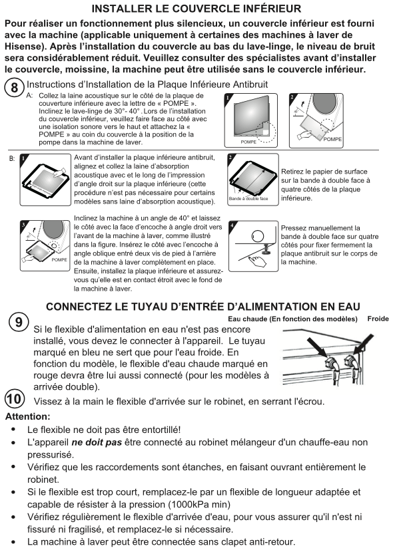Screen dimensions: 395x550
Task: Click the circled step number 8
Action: pos(14,87)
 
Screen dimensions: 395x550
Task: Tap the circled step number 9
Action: pos(19,322)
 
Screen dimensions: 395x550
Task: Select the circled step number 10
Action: pos(15,399)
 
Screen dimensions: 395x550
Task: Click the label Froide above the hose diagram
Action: pos(378,319)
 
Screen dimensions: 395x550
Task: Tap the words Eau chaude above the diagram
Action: pos(247,319)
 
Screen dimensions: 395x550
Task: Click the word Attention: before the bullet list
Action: pos(28,417)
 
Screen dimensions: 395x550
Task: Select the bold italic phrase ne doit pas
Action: pos(97,442)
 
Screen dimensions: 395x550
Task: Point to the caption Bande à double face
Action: pos(248,199)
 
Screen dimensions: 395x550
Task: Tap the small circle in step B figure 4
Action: pos(258,235)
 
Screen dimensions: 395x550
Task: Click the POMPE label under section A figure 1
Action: pos(248,142)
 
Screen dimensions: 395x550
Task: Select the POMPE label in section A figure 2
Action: pos(332,139)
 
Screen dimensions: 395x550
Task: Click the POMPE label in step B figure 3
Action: pos(59,259)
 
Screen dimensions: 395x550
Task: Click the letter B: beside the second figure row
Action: pos(12,159)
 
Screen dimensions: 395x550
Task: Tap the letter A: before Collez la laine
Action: pos(29,95)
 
